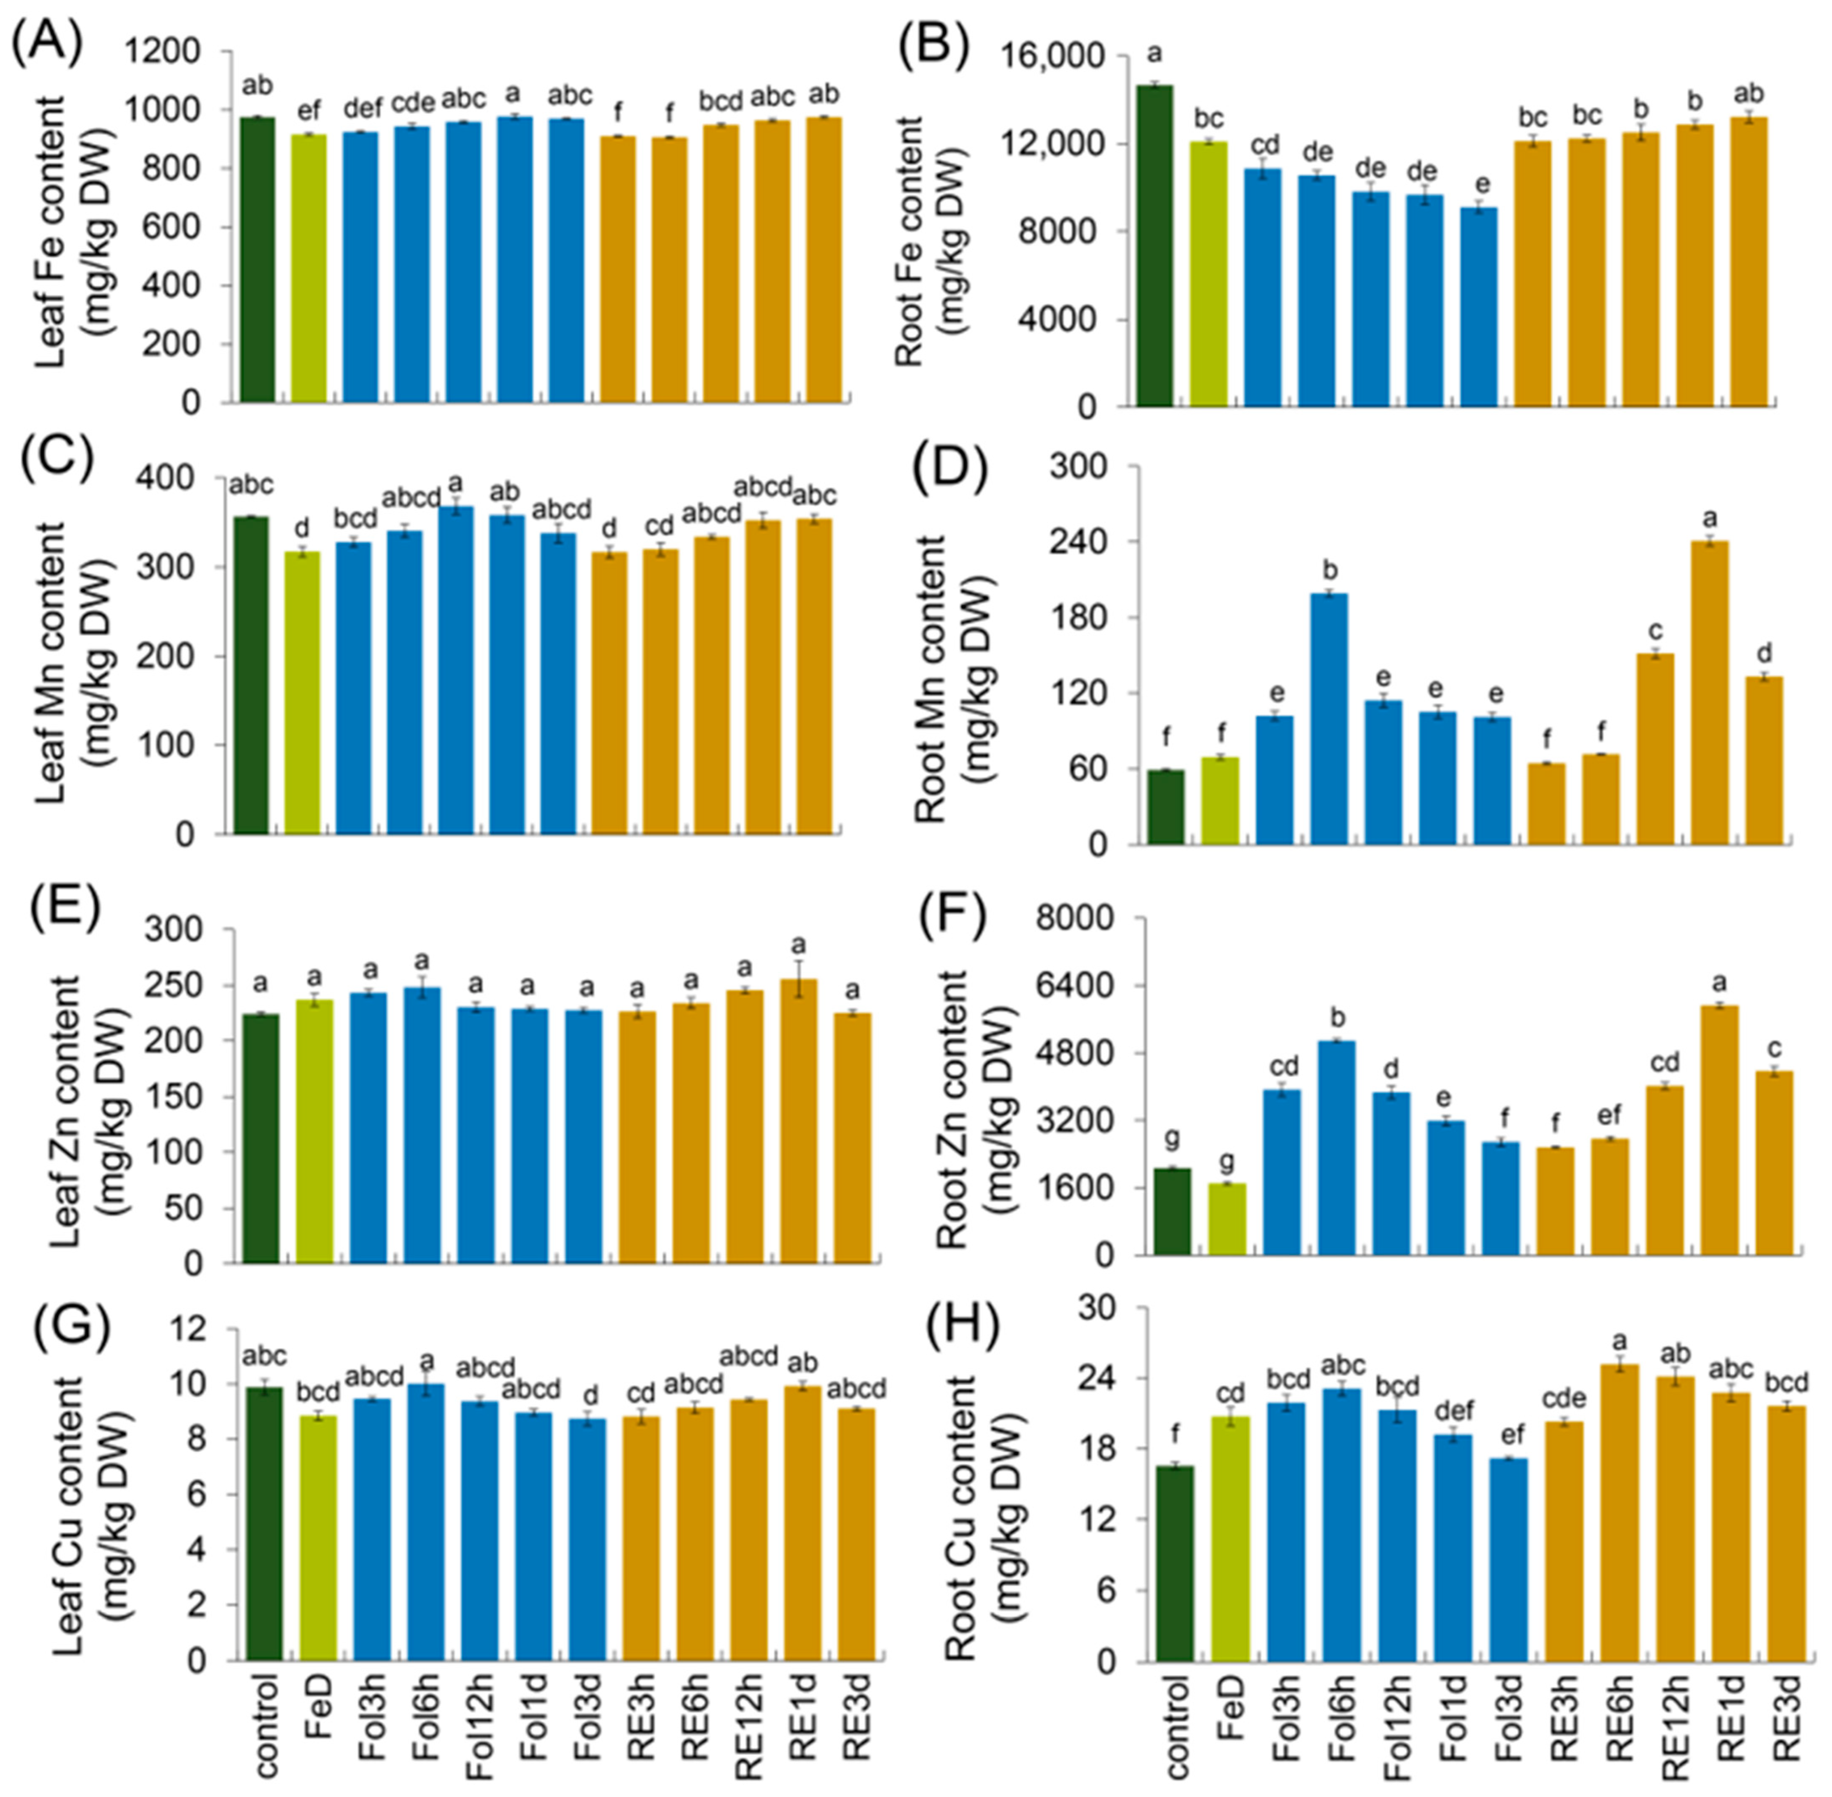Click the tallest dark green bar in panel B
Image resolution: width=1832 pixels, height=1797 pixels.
coord(1154,245)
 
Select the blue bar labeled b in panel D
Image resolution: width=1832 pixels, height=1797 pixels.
coord(1328,717)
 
